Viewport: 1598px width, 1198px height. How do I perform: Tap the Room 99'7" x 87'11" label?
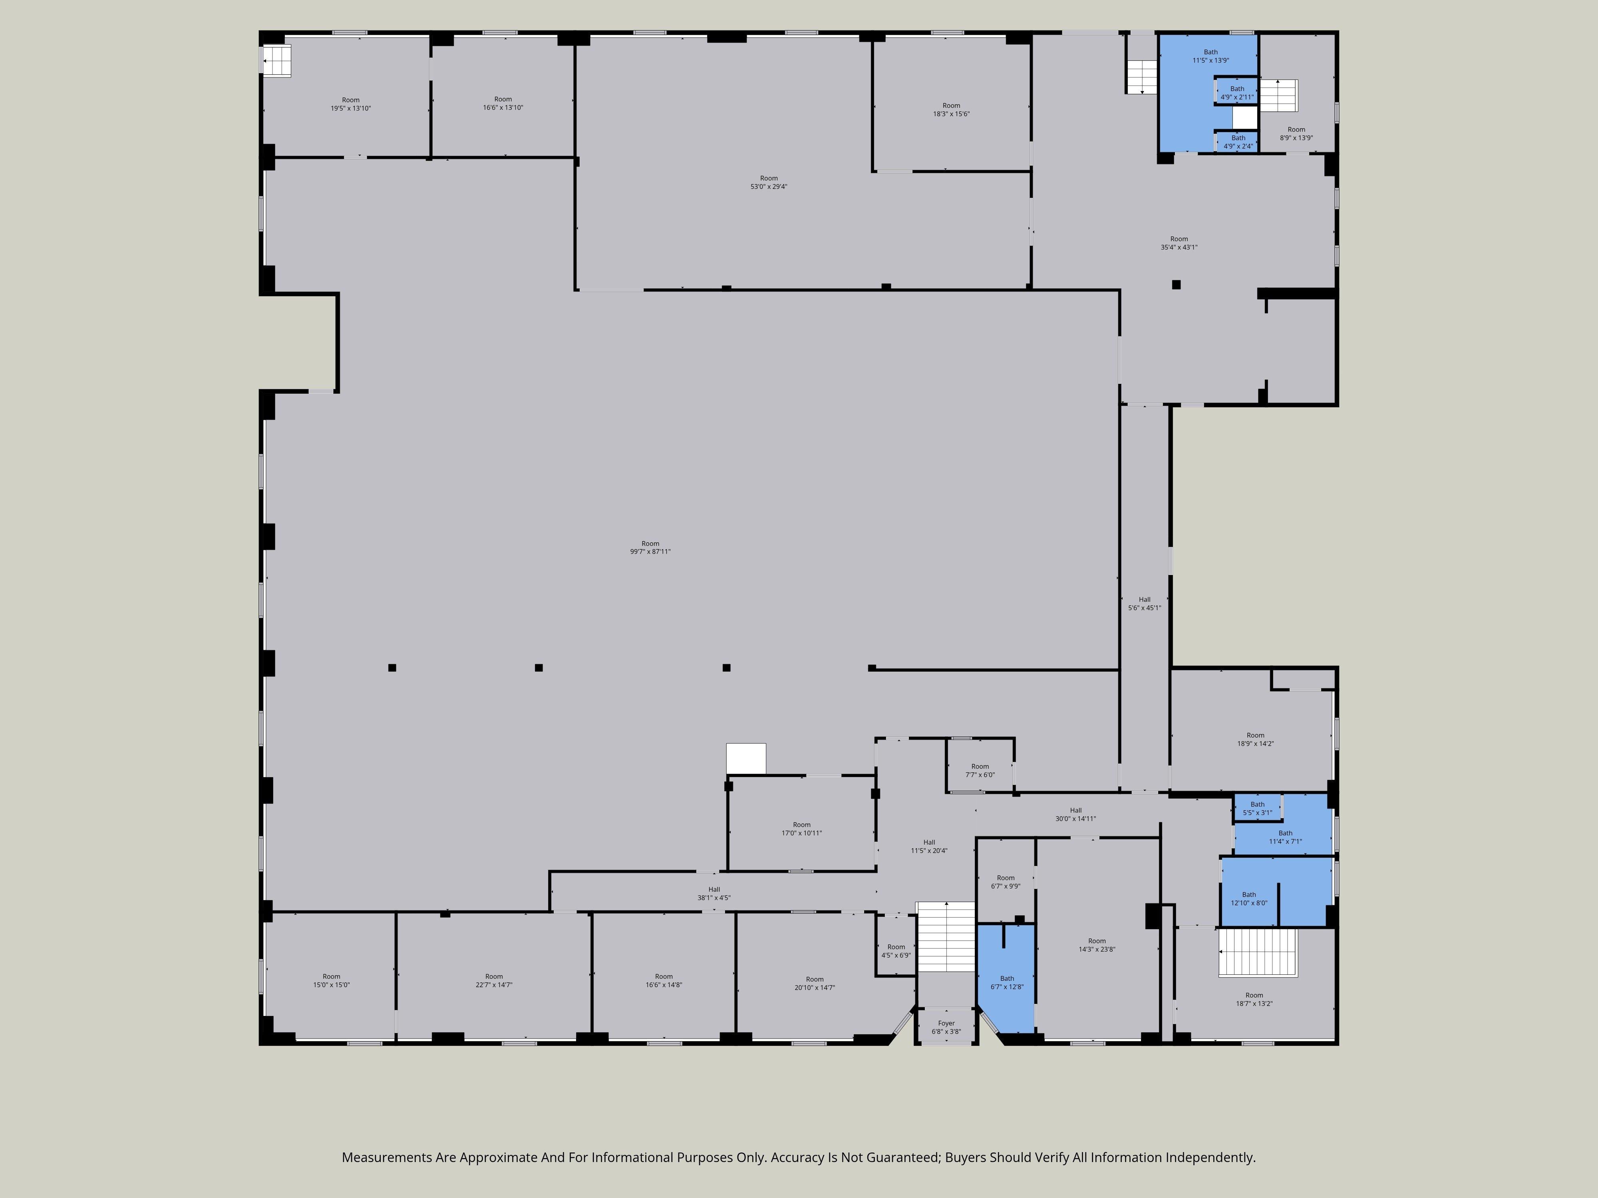point(650,547)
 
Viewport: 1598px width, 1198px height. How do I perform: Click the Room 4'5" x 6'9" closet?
point(896,946)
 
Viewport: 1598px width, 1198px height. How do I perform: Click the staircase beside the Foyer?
point(946,936)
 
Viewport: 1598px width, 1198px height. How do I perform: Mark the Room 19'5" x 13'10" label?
point(351,104)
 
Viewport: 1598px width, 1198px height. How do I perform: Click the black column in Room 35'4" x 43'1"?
point(1176,284)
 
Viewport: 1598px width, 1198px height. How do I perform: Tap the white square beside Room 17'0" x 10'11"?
point(745,759)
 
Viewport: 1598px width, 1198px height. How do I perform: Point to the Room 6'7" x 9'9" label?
point(1006,882)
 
